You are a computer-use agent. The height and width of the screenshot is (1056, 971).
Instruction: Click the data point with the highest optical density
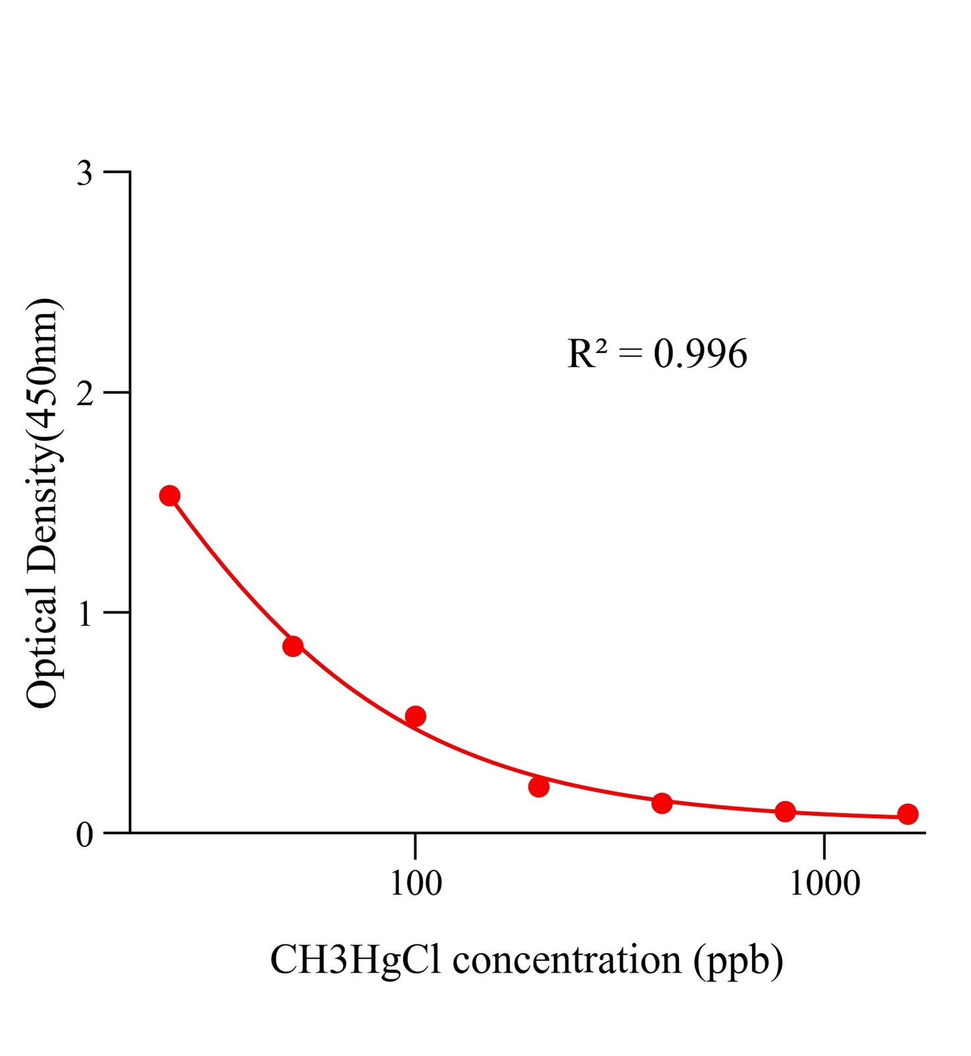tap(170, 496)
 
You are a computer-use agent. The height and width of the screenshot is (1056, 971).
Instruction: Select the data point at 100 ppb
tap(415, 716)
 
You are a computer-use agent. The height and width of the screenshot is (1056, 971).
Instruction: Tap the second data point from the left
tap(293, 646)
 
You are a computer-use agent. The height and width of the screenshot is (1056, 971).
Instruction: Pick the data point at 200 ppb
tap(539, 787)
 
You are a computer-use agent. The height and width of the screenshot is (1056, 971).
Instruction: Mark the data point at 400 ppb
tap(662, 803)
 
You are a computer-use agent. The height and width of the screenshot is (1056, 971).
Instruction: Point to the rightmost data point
tap(908, 814)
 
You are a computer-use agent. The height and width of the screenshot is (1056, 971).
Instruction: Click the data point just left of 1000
tap(785, 811)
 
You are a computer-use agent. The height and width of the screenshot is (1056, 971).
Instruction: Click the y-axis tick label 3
tap(85, 174)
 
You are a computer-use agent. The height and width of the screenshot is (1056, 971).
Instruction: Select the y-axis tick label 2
tap(85, 394)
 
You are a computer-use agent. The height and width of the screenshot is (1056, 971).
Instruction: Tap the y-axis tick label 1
tap(85, 614)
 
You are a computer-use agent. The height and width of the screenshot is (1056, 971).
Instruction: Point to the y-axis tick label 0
tap(85, 835)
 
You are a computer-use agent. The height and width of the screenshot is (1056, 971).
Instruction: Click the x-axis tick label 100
tap(416, 884)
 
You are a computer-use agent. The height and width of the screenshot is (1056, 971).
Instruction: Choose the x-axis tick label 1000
tap(825, 884)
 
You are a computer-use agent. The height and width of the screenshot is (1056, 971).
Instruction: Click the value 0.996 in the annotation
tap(701, 354)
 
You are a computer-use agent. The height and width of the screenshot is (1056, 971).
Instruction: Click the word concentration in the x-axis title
tap(567, 960)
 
